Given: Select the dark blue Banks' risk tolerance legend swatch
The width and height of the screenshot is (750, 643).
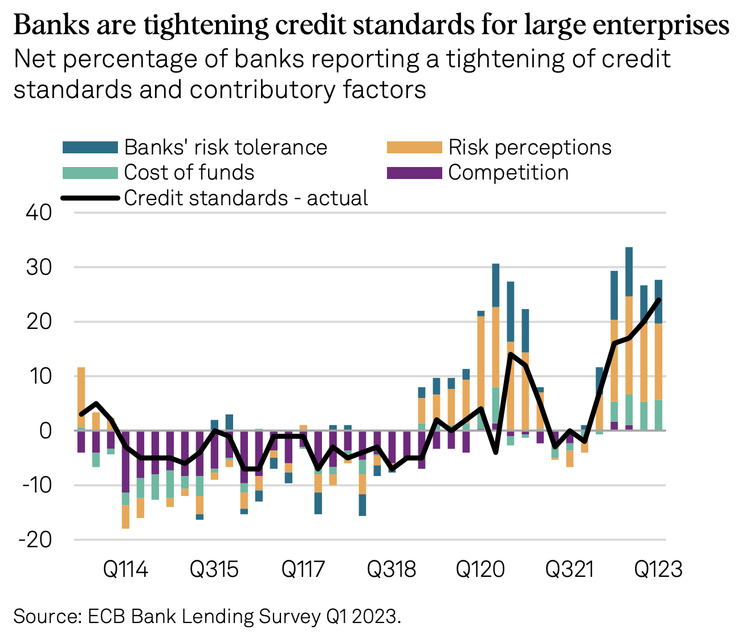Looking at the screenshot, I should (90, 148).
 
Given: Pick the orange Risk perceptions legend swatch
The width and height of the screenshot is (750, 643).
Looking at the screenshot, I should (414, 148).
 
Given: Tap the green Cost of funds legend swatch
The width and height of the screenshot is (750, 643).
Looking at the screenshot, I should (90, 173).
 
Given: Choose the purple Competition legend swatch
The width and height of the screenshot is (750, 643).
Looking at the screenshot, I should (414, 173).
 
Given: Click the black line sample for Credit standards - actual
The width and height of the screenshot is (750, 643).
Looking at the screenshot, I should (90, 198).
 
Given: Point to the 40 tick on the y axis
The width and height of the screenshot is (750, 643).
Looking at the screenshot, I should (39, 213).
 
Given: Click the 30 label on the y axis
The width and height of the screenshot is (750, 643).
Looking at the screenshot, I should (39, 267).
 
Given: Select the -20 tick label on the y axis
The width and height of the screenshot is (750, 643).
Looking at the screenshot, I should (35, 540).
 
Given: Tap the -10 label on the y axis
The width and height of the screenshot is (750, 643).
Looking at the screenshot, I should (35, 486).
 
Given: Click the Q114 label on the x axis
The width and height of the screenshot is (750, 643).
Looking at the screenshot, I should (125, 569).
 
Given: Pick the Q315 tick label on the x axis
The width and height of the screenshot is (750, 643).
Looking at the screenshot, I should (214, 569).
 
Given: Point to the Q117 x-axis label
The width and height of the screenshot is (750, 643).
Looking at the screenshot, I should (303, 569).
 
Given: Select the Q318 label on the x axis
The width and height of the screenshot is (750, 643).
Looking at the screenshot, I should (392, 569).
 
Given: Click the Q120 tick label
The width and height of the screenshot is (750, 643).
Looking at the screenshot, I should (480, 569).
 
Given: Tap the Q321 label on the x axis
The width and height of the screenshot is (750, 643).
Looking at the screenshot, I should (569, 569).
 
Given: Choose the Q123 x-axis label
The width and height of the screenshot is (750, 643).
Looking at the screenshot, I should (658, 569).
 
